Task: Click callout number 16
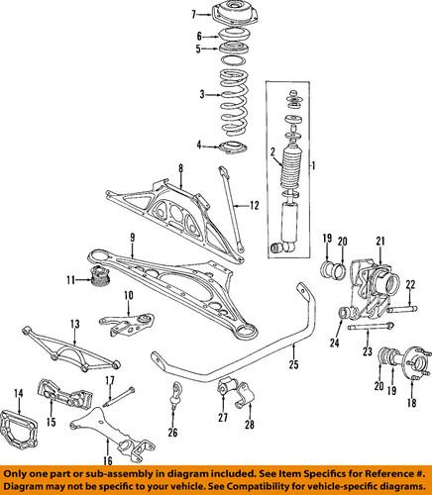pyautogui.click(x=105, y=460)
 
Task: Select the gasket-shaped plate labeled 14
pyautogui.click(x=27, y=428)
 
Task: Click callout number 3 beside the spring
pyautogui.click(x=200, y=94)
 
